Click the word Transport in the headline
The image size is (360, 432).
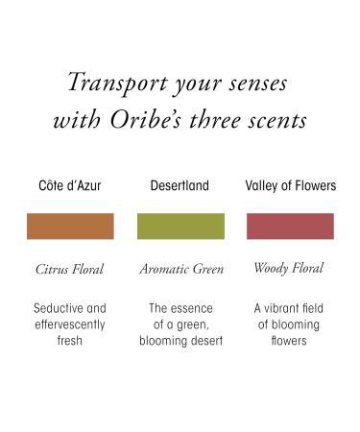(108, 84)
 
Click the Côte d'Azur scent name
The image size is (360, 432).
(70, 185)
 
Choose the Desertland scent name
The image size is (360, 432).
(180, 185)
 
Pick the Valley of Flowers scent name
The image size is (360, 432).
(291, 185)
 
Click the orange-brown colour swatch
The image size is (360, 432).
(70, 227)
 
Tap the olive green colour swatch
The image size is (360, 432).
(180, 227)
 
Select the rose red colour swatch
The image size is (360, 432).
(291, 227)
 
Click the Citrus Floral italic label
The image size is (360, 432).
(69, 270)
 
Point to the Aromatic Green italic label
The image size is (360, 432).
(180, 270)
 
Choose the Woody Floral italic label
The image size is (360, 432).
(291, 269)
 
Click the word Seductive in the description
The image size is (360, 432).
(58, 309)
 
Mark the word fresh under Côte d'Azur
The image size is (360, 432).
(70, 340)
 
